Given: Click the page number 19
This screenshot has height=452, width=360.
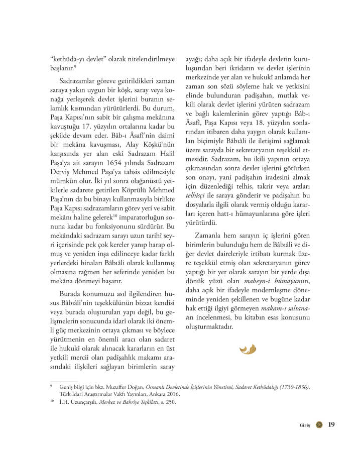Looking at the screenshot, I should coord(331,424).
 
